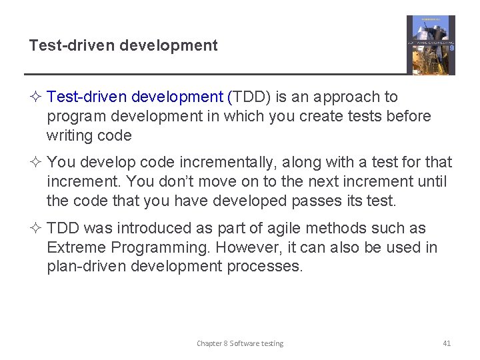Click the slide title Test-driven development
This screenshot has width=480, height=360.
point(123,45)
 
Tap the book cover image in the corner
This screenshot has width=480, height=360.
point(431,45)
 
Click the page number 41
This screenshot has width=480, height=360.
point(447,343)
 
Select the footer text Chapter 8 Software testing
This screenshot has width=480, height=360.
point(240,343)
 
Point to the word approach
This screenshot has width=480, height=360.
point(352,97)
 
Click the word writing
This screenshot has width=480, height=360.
point(69,136)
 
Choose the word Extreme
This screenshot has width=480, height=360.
point(76,247)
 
